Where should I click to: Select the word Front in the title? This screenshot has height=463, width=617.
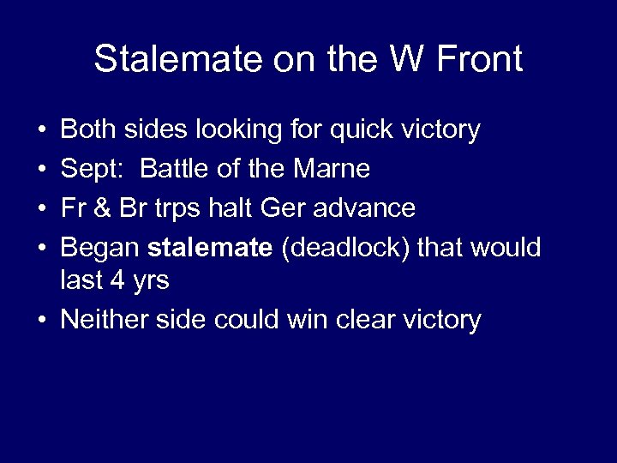coord(479,60)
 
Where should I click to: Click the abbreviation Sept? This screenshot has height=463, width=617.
coord(93,169)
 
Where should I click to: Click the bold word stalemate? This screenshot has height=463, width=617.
coord(209,248)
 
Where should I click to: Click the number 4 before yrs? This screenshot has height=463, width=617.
coord(115,280)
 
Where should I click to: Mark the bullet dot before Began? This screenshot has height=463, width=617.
coord(43,249)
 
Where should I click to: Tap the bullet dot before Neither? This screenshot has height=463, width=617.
coord(43,321)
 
